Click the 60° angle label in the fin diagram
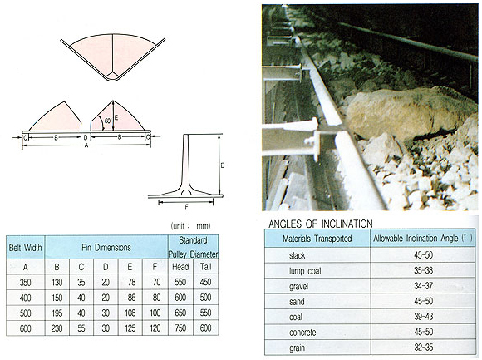tap(107, 121)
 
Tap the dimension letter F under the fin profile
tap(186, 207)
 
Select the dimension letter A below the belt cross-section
tap(86, 145)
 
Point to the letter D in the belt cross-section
tap(86, 137)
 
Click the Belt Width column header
tap(25, 248)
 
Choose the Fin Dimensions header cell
tap(106, 248)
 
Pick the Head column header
tap(180, 267)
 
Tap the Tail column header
tap(205, 266)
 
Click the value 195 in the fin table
tap(57, 313)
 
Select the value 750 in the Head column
tap(180, 328)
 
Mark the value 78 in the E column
tap(131, 282)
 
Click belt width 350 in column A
tap(25, 282)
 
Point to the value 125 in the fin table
tap(130, 328)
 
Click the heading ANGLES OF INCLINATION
tap(321, 224)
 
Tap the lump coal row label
tap(305, 271)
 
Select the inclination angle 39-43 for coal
tap(423, 316)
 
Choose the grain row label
tap(297, 348)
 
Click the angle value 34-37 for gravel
tap(423, 286)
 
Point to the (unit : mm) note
tap(190, 226)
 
